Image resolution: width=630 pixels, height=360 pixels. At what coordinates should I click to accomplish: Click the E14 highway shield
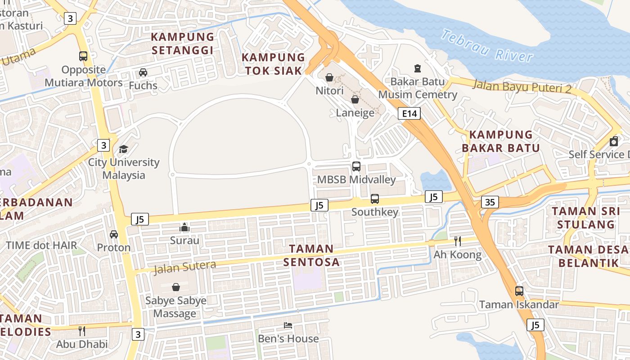[x=409, y=113]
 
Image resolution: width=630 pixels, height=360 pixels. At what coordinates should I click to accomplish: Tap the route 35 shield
[x=490, y=202]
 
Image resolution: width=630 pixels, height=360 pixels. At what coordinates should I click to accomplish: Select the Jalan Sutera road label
[x=185, y=267]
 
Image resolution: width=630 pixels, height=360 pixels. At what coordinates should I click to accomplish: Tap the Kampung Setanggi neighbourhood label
[x=182, y=43]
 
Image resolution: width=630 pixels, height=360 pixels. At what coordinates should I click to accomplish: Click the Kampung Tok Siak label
[x=274, y=64]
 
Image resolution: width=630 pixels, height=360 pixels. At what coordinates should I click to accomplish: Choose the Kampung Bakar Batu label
[x=501, y=141]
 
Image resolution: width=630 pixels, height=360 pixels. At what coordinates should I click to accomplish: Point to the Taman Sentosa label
[x=311, y=255]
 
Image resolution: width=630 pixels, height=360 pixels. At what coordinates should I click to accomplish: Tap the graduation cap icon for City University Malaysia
[x=123, y=149]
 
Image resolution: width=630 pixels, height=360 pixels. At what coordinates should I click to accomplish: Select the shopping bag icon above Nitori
[x=329, y=77]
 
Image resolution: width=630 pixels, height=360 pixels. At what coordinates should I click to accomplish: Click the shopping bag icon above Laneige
[x=355, y=99]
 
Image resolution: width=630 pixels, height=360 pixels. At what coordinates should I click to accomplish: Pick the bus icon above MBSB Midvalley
[x=356, y=166]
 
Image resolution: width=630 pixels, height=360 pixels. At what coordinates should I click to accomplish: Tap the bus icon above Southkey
[x=374, y=198]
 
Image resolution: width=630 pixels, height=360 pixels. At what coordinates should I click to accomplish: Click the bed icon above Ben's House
[x=288, y=325]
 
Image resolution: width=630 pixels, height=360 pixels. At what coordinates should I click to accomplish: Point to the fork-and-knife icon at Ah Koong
[x=457, y=241]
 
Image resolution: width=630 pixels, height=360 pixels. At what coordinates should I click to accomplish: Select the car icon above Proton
[x=114, y=234]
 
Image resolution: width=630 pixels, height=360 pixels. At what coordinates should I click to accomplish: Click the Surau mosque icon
[x=184, y=227]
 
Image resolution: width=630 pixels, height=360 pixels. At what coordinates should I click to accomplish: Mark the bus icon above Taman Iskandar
[x=519, y=291]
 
